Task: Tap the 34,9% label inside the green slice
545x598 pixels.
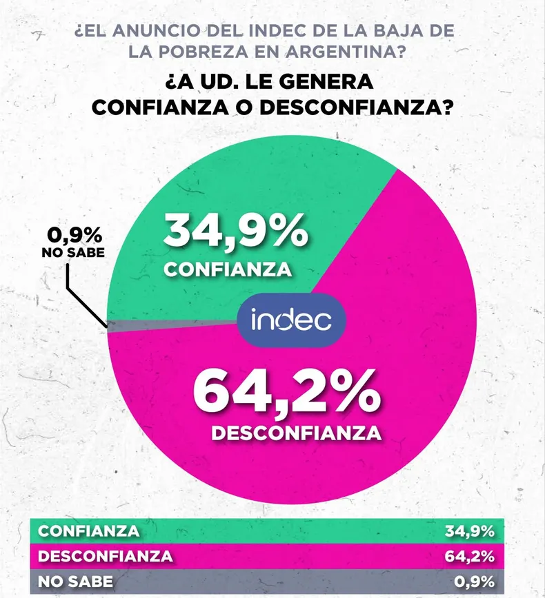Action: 235,231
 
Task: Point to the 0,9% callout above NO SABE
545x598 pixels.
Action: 71,236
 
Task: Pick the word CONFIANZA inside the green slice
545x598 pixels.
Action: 227,269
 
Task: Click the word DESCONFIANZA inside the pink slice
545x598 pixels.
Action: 296,433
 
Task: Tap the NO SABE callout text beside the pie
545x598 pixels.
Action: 73,253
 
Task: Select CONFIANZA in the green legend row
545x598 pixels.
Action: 88,531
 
